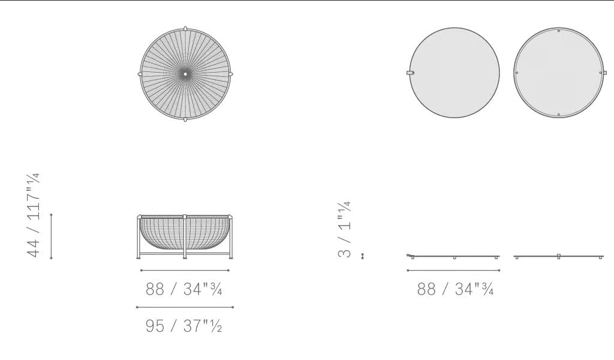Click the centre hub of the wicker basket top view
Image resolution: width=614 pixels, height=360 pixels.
186,74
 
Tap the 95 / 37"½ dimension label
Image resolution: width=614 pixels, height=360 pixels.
183,326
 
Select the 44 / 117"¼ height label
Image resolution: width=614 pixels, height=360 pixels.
34,215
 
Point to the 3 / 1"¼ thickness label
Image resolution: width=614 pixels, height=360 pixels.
344,229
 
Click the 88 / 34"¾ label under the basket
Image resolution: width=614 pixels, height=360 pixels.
183,289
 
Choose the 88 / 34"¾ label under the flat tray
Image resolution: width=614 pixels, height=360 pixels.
455,289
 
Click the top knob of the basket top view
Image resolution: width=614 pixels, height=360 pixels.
185,28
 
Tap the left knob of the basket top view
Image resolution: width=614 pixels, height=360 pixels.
140,74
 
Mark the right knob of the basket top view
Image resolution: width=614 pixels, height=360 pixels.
231,74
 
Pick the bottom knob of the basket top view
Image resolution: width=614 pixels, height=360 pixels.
185,119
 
